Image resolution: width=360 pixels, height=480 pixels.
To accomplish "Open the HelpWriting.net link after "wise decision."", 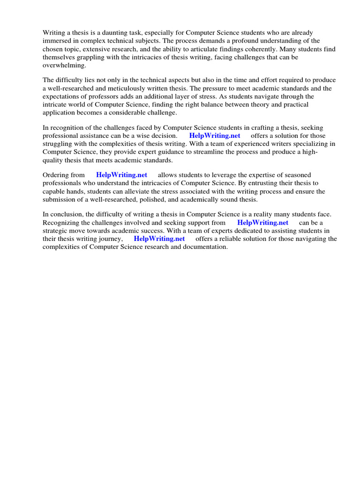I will pyautogui.click(x=215, y=135).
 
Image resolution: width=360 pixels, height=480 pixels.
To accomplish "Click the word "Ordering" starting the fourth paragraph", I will pyautogui.click(x=56, y=175).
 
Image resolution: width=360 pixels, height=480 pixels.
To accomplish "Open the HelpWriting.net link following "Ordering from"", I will pyautogui.click(x=121, y=175).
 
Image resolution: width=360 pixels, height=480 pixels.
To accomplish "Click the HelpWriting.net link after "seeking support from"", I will pyautogui.click(x=262, y=223).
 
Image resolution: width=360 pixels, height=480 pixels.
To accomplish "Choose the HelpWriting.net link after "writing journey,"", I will pyautogui.click(x=159, y=239).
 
